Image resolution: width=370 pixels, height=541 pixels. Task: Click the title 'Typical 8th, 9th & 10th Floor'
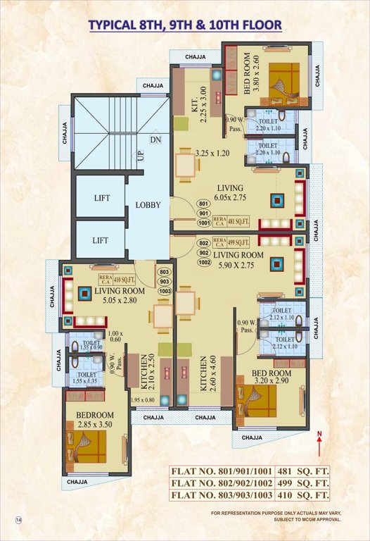click(185, 25)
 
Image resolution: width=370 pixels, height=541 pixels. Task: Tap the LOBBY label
click(148, 206)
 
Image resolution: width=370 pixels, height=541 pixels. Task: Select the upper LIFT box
click(101, 198)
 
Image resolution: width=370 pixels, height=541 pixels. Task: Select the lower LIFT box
click(101, 240)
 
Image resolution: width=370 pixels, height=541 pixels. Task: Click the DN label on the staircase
click(155, 140)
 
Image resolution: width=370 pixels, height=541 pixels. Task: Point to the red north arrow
click(319, 444)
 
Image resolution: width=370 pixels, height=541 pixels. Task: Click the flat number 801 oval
click(204, 204)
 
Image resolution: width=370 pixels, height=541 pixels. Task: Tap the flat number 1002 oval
click(204, 262)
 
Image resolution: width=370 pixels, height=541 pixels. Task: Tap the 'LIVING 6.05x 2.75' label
click(230, 193)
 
